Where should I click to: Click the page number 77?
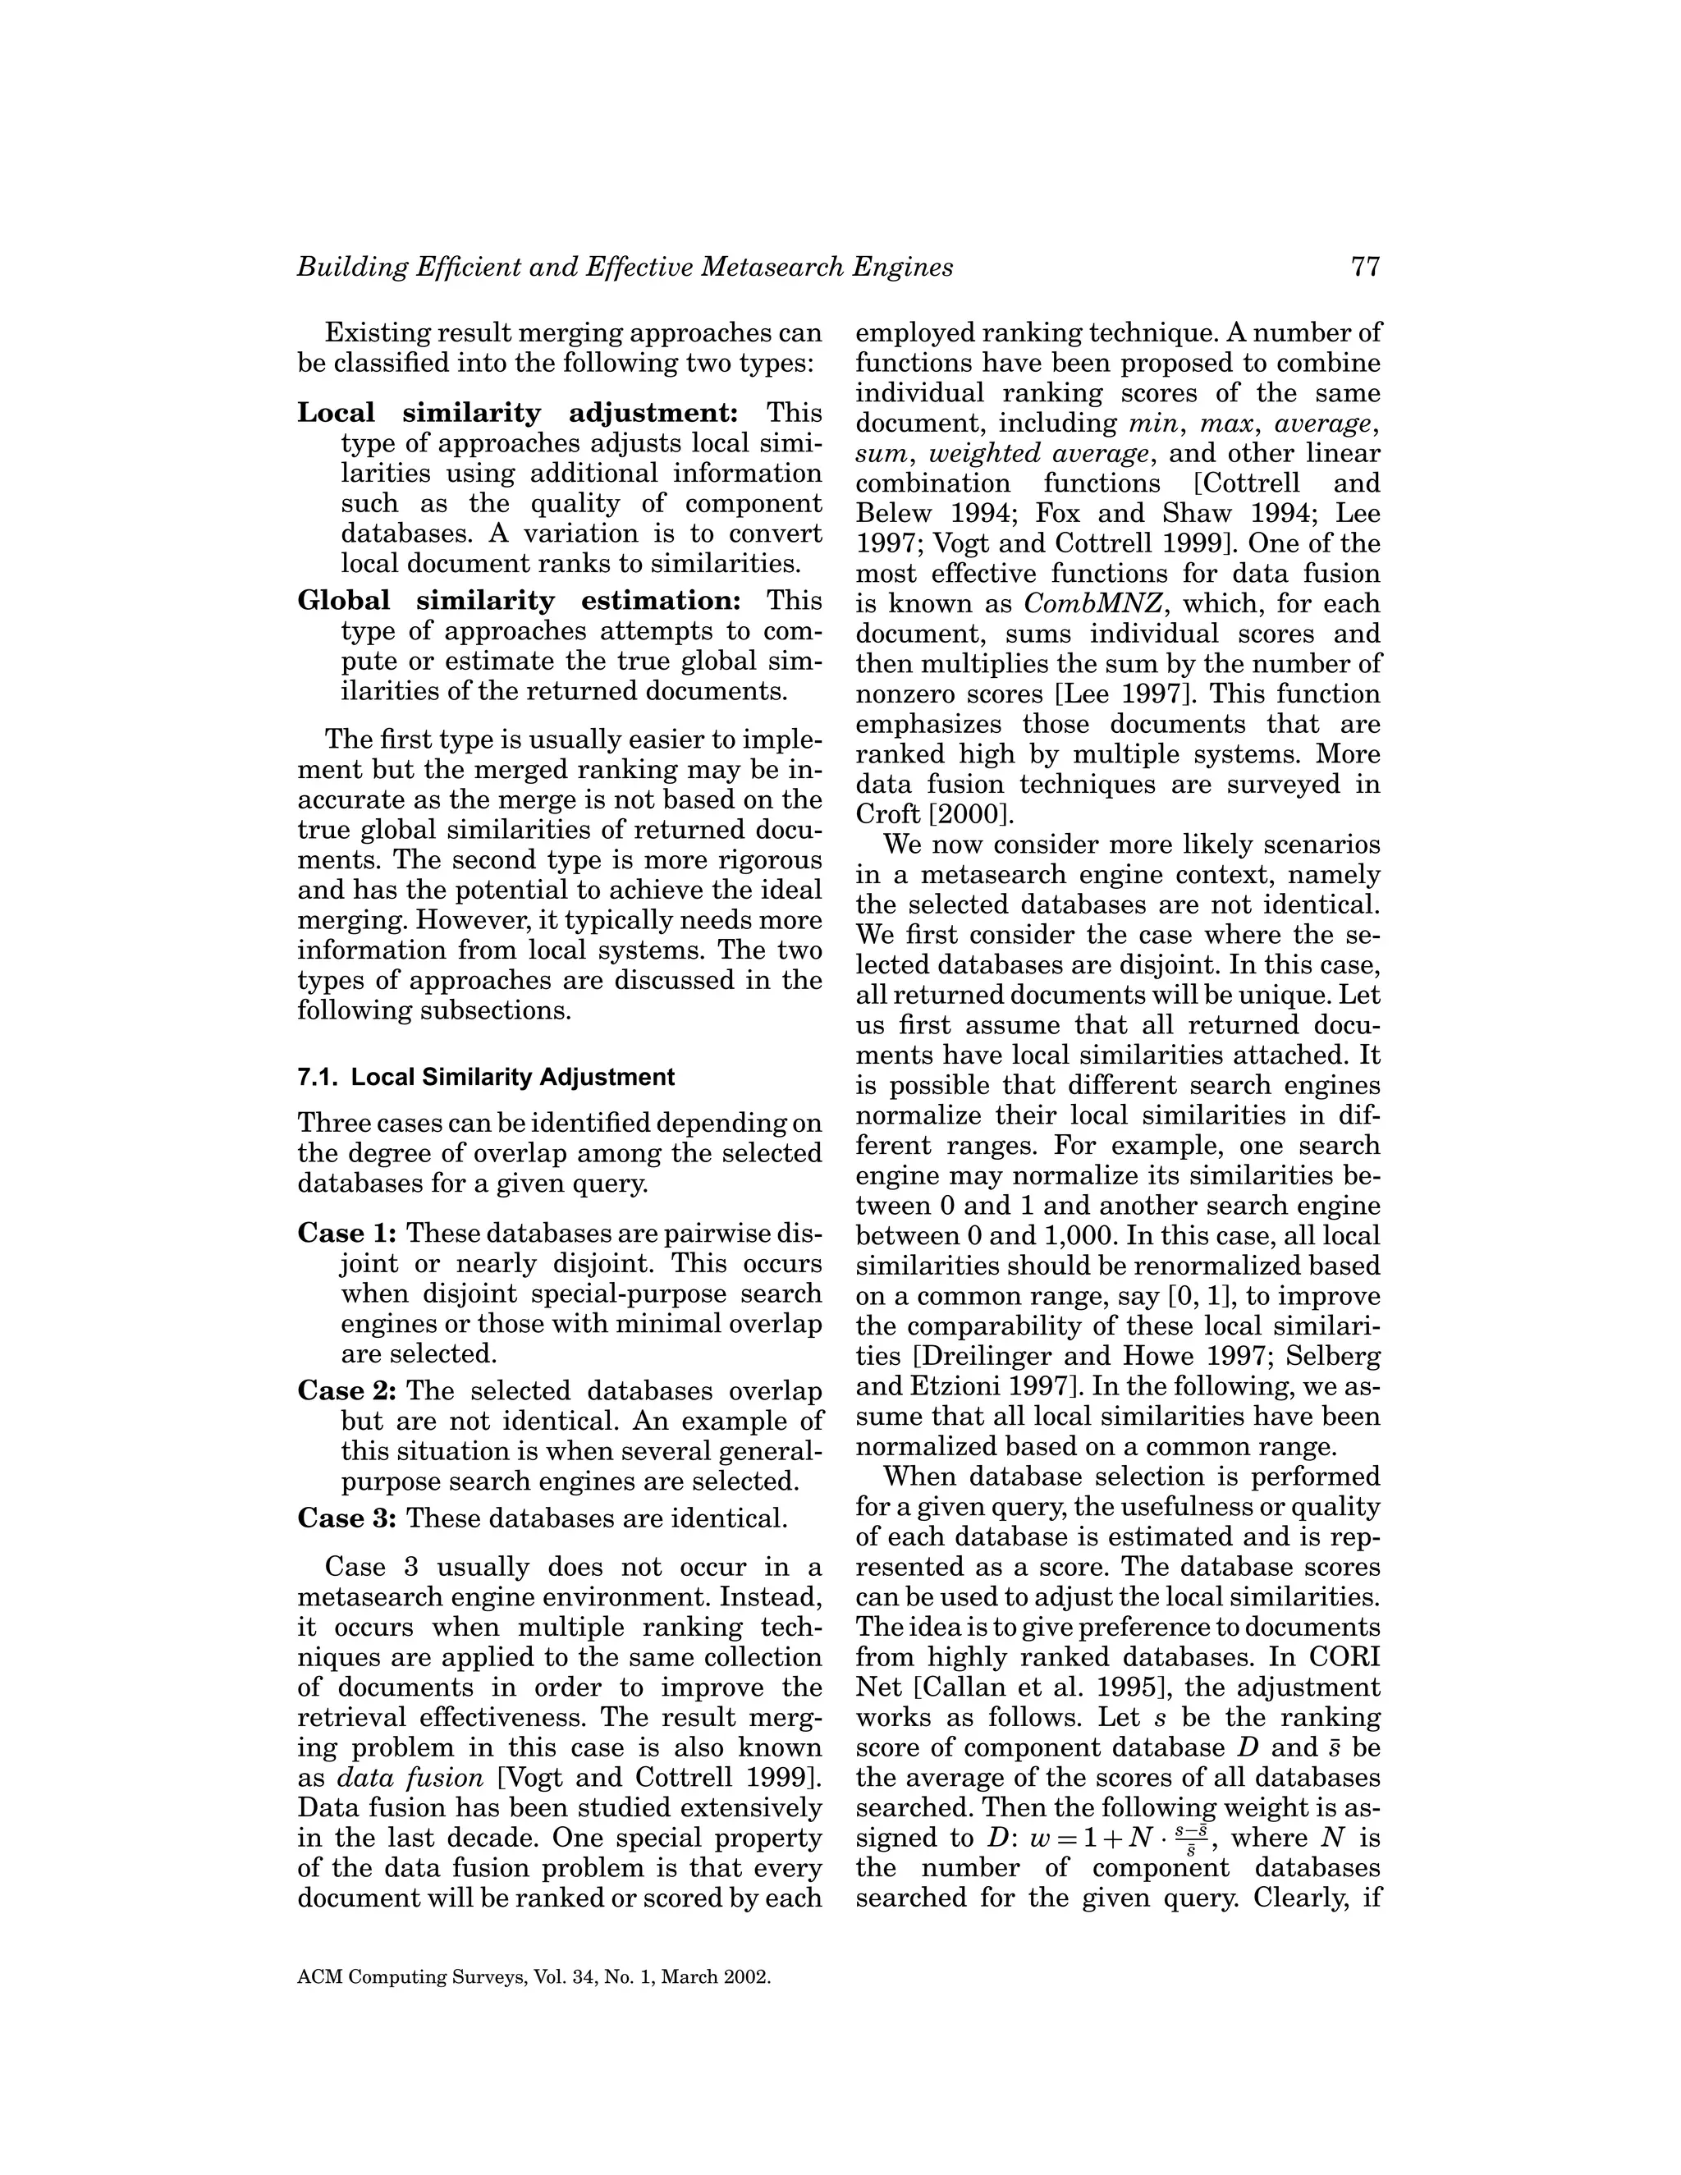pos(1365,267)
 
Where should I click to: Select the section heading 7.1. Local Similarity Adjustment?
pos(486,1077)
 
